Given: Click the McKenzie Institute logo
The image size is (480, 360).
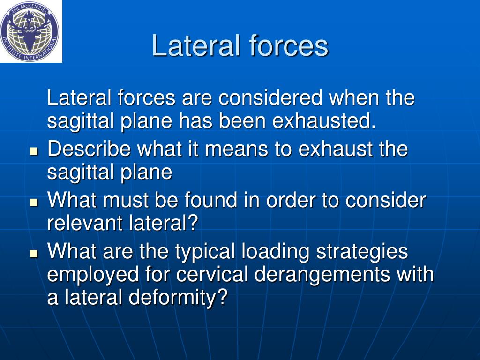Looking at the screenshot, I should pyautogui.click(x=31, y=31).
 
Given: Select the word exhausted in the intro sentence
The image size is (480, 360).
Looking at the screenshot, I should pyautogui.click(x=324, y=121).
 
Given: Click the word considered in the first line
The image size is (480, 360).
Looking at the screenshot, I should pyautogui.click(x=270, y=98).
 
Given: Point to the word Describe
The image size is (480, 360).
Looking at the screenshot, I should pyautogui.click(x=89, y=150).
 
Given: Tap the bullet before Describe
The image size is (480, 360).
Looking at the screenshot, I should pyautogui.click(x=33, y=151).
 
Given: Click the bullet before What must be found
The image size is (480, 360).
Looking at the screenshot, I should pyautogui.click(x=33, y=202).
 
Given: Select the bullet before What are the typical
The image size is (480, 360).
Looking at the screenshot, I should pyautogui.click(x=33, y=254).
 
